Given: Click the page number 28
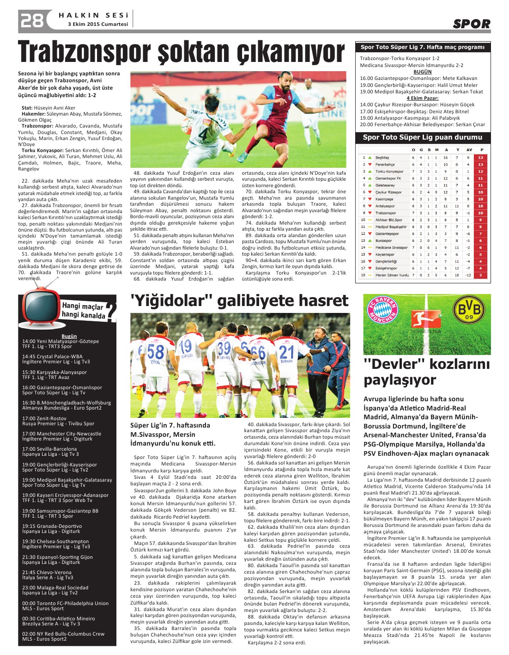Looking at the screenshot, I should (31, 20).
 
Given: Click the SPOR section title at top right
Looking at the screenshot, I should (471, 24).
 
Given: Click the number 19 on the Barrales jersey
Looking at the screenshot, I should (185, 346).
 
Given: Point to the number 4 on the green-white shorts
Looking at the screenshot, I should (203, 134).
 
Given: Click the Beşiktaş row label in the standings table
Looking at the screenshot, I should (382, 158).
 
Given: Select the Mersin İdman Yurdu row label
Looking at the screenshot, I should (392, 275).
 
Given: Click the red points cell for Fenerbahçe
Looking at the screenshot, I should (480, 165).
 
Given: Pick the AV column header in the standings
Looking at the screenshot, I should (469, 150).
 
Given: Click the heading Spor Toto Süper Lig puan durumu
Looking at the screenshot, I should (422, 137).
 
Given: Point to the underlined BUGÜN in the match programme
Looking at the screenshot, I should (422, 72).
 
